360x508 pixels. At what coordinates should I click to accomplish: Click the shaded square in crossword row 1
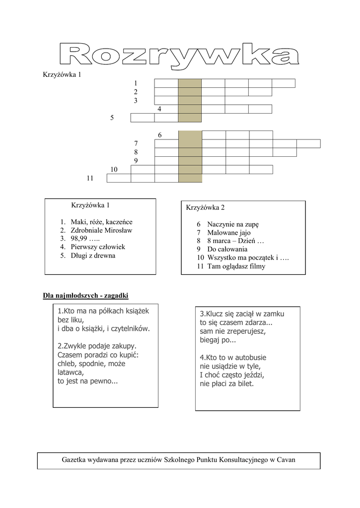click(x=190, y=83)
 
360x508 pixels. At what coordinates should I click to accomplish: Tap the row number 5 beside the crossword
click(x=112, y=118)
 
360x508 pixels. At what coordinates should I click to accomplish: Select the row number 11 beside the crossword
click(x=90, y=178)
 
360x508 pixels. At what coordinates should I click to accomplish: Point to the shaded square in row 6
click(x=190, y=135)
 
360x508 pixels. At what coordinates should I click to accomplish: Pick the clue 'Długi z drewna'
click(x=93, y=255)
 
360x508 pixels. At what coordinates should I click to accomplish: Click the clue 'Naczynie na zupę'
click(x=233, y=224)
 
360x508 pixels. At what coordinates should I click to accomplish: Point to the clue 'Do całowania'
click(x=227, y=249)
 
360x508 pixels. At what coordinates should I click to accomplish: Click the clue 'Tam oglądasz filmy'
click(x=236, y=266)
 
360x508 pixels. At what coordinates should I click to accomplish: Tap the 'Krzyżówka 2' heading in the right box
click(x=206, y=207)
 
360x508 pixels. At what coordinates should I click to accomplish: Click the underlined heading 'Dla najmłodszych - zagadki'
click(x=86, y=296)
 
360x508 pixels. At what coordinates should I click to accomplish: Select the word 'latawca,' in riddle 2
click(x=71, y=372)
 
